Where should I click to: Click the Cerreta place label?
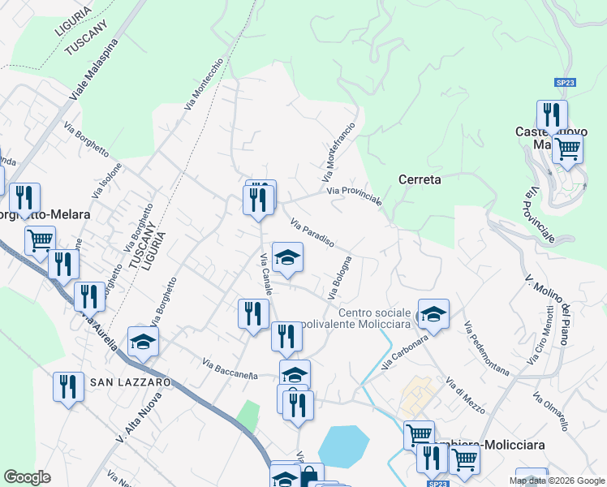[x=420, y=179]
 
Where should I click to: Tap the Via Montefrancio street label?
[x=338, y=152]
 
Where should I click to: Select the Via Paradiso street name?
[x=312, y=232]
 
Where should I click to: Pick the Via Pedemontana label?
[x=487, y=349]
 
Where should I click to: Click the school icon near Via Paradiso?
[x=286, y=257]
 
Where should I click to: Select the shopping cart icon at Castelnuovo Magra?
[x=567, y=148]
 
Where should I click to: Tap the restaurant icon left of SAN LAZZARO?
[x=67, y=386]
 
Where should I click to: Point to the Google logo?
[x=27, y=477]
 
